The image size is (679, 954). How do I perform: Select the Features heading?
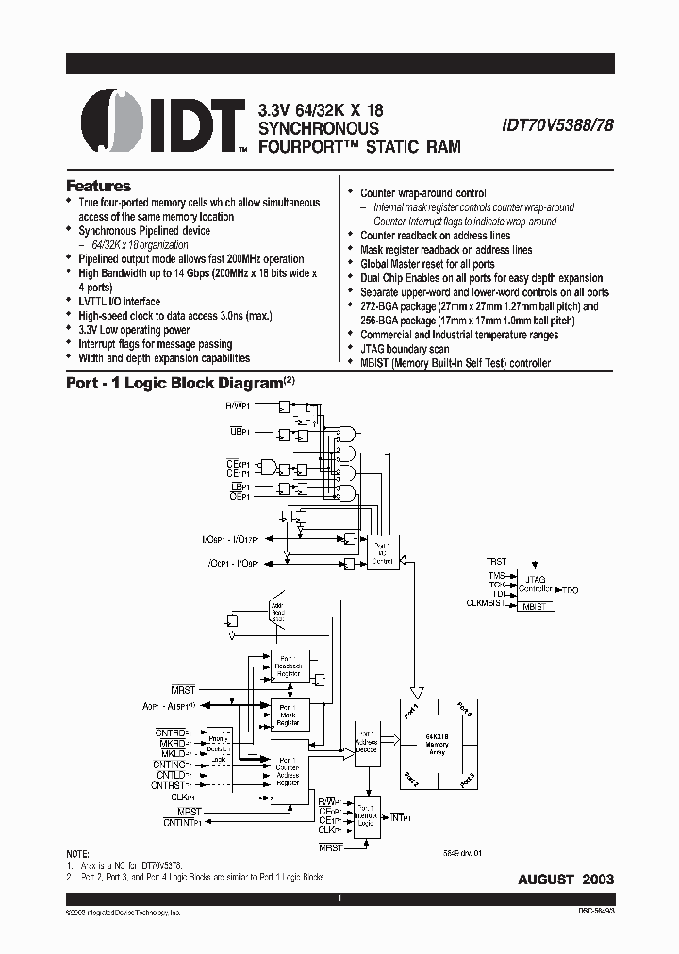(x=98, y=186)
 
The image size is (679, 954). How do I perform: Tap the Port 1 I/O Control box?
(x=383, y=550)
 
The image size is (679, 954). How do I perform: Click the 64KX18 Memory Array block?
(x=437, y=745)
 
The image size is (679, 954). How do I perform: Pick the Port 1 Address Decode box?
(x=366, y=741)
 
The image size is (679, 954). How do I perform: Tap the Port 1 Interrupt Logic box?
(x=366, y=816)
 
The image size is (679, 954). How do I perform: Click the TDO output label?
(x=570, y=589)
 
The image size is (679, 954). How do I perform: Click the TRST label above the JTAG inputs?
(x=496, y=562)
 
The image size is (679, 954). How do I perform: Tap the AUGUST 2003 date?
(x=566, y=879)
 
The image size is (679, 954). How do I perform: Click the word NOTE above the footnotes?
(x=80, y=852)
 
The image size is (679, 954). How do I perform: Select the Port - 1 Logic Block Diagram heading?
(x=174, y=384)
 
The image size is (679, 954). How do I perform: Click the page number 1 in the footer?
(x=339, y=898)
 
